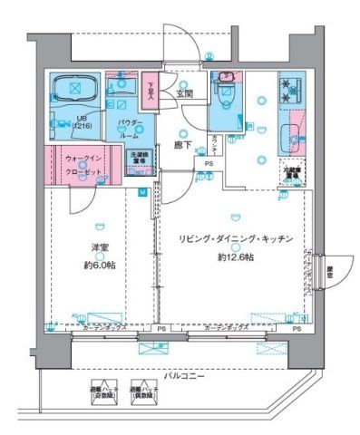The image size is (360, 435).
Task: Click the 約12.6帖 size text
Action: [x=235, y=256]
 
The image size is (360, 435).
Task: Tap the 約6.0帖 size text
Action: [x=95, y=265]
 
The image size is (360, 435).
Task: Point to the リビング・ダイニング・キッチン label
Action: [x=236, y=237]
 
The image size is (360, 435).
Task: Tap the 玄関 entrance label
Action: [x=184, y=92]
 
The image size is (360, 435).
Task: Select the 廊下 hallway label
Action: [x=180, y=145]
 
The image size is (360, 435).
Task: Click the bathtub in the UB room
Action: [x=70, y=90]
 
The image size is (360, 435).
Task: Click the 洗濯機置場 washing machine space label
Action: [x=138, y=159]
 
